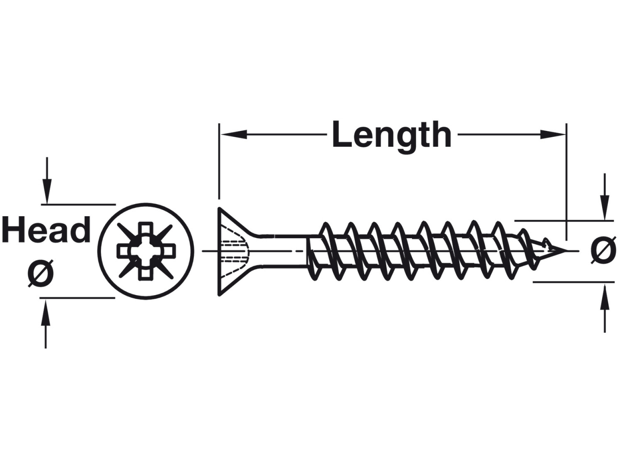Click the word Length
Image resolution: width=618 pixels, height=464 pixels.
(391, 135)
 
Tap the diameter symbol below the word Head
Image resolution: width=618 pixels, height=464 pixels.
(41, 274)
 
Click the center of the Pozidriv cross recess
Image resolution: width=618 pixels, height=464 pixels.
(146, 251)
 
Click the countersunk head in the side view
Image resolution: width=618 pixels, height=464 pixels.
(230, 251)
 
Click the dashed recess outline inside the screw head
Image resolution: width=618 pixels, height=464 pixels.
(237, 251)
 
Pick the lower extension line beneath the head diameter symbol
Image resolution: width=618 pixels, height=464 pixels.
(77, 298)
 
